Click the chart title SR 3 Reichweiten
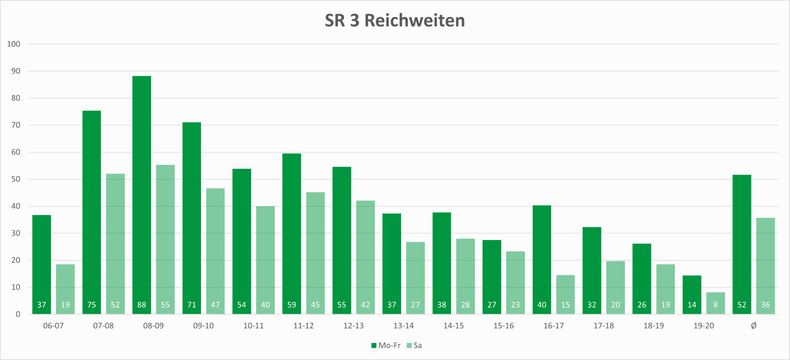395,21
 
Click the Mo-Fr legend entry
386,346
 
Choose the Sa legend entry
415,346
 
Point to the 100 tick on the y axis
14,44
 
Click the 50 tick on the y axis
16,179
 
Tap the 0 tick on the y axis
18,315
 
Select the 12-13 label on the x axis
354,326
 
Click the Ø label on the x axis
753,326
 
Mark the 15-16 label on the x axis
504,326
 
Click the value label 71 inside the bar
192,305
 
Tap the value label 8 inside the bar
715,305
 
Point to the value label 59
292,305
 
